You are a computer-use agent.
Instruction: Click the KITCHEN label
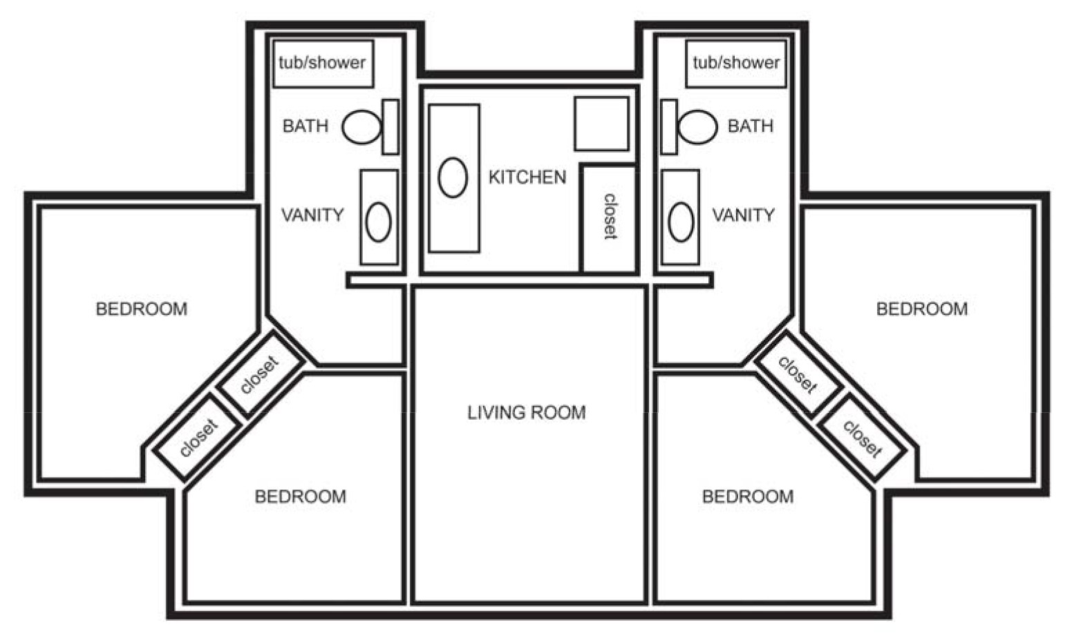[x=527, y=177]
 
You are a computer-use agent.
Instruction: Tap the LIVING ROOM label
[x=527, y=413]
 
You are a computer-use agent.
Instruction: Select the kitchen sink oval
[x=452, y=177]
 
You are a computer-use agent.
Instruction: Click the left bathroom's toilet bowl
[x=361, y=127]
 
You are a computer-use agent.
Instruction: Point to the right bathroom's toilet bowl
[x=698, y=127]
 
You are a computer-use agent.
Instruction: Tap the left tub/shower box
[x=323, y=64]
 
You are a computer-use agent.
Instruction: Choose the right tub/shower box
[x=736, y=64]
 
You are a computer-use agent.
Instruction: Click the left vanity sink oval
[x=378, y=222]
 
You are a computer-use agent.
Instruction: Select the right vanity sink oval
[x=681, y=222]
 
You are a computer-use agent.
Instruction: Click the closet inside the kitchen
[x=608, y=219]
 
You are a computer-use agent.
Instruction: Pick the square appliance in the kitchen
[x=601, y=124]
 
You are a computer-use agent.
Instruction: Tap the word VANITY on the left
[x=312, y=215]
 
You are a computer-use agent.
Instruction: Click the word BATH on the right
[x=751, y=126]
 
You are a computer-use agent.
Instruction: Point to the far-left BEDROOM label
[x=142, y=309]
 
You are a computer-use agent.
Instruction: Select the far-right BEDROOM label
[x=922, y=309]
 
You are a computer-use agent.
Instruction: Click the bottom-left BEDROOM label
[x=301, y=497]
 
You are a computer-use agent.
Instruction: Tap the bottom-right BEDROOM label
[x=748, y=497]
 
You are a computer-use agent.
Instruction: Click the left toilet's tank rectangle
[x=390, y=127]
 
